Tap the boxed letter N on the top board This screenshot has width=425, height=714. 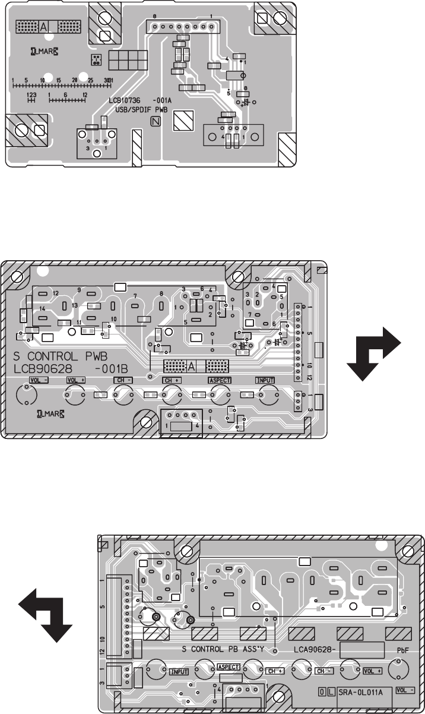(156, 122)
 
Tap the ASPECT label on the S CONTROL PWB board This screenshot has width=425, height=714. (219, 380)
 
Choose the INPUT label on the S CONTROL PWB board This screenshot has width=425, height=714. (265, 380)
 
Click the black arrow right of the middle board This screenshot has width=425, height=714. (374, 353)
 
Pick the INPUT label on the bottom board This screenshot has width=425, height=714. (179, 672)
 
